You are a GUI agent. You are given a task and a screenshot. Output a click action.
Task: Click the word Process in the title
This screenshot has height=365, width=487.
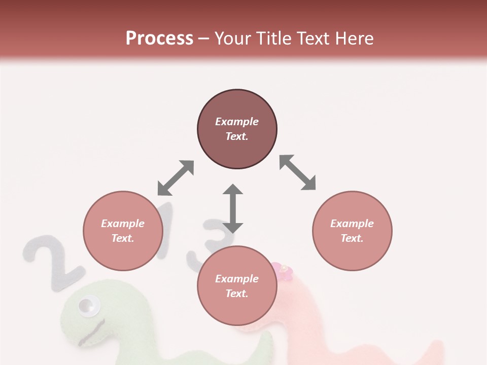coord(159,39)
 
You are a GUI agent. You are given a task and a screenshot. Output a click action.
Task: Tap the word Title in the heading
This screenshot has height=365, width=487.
coord(272,39)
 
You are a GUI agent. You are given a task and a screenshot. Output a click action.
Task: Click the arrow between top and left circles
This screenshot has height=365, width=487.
coord(176,178)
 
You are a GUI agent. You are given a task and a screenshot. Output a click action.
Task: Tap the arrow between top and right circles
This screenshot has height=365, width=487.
coord(298,172)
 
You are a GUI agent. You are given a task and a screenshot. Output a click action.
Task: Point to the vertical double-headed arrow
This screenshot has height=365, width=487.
coord(233,208)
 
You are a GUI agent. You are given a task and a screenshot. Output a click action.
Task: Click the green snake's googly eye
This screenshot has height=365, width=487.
coord(88,306)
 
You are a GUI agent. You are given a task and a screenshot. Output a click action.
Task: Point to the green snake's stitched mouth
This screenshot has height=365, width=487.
coord(91,332)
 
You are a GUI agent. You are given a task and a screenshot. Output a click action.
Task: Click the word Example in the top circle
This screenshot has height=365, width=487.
coord(237,122)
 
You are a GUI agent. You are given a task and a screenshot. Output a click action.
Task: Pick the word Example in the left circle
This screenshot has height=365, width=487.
coord(123,224)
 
